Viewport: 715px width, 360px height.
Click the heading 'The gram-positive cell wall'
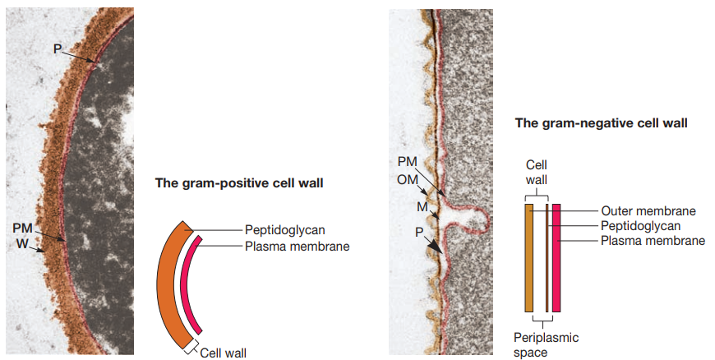(239, 182)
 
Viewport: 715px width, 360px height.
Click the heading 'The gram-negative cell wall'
(601, 123)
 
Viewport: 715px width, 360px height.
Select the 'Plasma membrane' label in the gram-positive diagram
(297, 245)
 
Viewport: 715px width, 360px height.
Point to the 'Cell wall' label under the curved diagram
(223, 353)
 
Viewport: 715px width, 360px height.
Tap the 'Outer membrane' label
(648, 210)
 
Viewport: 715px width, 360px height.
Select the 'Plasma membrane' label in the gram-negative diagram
(653, 240)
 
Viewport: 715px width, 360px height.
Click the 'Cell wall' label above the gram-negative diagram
(537, 173)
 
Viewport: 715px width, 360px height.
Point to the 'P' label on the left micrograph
(57, 48)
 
